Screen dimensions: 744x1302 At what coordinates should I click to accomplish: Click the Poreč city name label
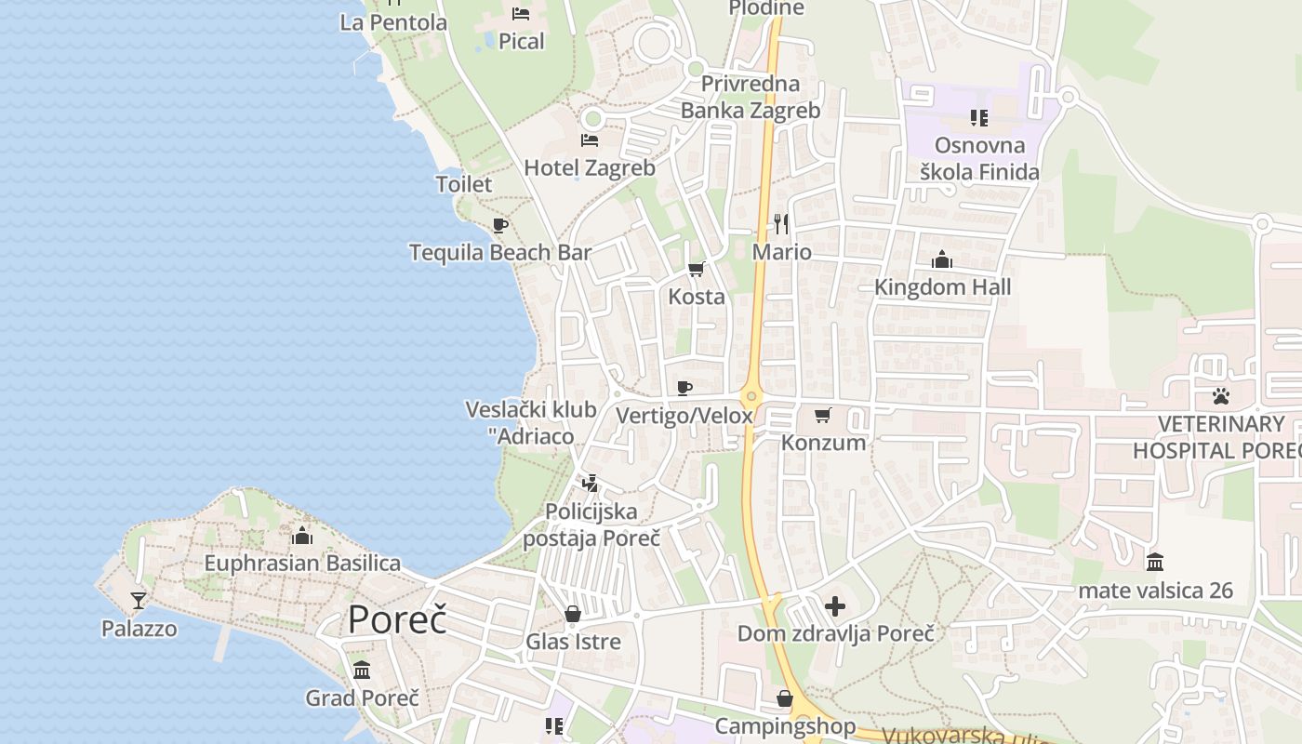397,620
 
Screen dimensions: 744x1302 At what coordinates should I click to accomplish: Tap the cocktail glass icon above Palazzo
139,601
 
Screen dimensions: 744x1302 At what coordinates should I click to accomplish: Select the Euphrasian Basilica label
302,563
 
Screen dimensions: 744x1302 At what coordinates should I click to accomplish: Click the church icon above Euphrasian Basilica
301,536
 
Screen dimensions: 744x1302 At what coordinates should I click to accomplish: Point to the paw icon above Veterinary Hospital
1221,396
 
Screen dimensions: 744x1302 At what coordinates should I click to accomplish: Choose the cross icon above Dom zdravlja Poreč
835,606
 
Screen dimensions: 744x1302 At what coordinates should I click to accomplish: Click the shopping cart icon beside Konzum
822,415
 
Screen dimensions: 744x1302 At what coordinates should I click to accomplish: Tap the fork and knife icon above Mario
781,224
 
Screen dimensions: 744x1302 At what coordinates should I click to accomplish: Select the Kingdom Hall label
942,287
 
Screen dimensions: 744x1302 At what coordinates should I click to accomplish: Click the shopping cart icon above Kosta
696,270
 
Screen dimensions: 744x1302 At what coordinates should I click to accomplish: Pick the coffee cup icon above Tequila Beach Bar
500,225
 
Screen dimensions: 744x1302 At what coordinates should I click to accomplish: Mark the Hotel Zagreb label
590,168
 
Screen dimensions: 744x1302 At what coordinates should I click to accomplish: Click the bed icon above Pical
521,14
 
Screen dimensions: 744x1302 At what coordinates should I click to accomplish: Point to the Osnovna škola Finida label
979,158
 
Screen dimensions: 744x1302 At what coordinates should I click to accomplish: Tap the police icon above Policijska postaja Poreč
590,484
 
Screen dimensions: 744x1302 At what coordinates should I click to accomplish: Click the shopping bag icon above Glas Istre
573,614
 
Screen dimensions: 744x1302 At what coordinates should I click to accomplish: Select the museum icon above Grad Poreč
362,670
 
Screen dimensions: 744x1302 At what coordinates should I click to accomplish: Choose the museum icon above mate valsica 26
1155,562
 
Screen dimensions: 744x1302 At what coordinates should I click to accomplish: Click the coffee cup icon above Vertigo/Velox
684,388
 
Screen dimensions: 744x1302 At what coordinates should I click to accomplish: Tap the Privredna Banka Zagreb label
751,97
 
